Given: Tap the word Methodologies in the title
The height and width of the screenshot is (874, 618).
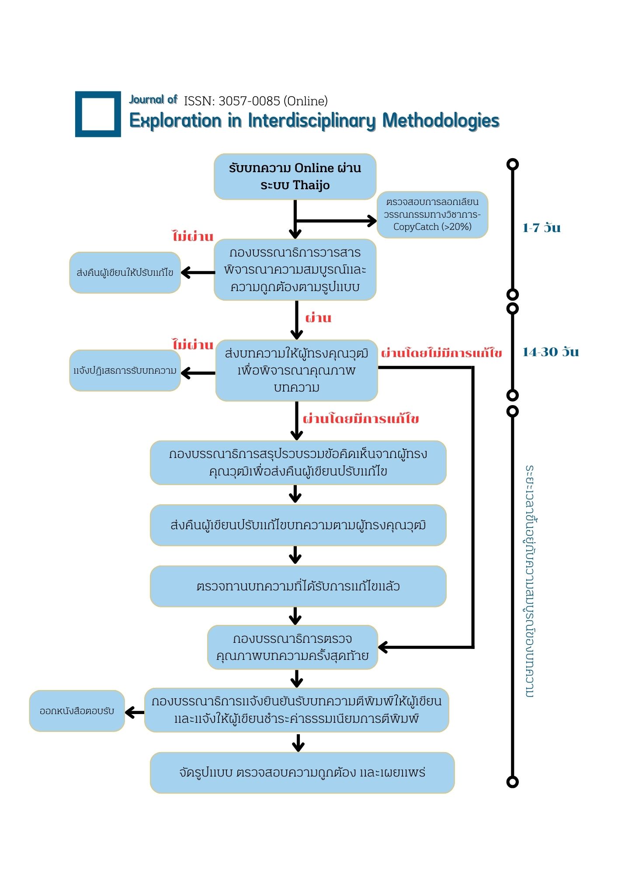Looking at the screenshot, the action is [x=441, y=121].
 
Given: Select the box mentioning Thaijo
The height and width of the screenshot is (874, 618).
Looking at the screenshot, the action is [x=295, y=177].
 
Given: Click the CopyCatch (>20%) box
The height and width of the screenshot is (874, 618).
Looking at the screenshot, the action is [x=432, y=215].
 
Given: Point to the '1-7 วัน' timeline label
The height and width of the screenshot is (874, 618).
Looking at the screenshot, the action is [x=542, y=228].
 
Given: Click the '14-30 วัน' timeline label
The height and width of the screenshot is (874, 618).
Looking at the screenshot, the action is [x=551, y=352].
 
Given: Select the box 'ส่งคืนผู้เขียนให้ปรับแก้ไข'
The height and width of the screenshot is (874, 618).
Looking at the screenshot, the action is [x=125, y=273].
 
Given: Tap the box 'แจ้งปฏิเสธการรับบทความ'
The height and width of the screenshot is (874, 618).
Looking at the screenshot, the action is [x=125, y=371].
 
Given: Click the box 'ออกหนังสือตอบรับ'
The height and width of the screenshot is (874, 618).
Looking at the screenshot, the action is [x=77, y=711].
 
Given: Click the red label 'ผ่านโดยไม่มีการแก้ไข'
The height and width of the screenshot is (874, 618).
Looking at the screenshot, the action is [x=441, y=353].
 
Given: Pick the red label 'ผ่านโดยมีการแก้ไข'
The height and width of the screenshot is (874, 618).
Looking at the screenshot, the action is [x=361, y=419].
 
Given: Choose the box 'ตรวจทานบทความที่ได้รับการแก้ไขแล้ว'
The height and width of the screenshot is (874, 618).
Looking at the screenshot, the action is [x=298, y=586].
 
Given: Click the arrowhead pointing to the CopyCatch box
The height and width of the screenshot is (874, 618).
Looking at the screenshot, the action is [x=372, y=221].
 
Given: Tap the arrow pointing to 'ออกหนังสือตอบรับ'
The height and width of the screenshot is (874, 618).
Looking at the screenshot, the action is [x=135, y=713].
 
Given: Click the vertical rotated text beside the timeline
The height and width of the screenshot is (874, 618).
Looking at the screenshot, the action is [x=530, y=581].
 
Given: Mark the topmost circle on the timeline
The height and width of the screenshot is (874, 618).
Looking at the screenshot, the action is [x=513, y=164].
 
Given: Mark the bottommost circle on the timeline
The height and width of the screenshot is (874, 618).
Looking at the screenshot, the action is [x=513, y=782].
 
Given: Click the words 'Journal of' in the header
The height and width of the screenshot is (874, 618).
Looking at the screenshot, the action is [x=153, y=100].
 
